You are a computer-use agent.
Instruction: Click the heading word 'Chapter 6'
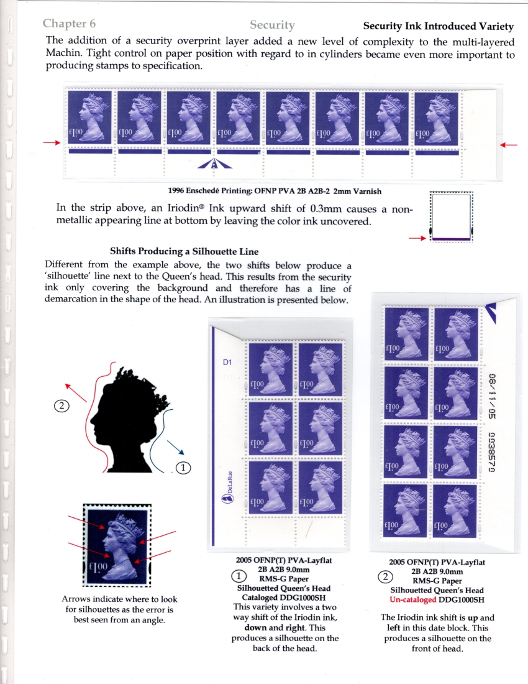click(69, 24)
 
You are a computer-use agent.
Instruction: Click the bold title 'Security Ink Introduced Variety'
click(439, 26)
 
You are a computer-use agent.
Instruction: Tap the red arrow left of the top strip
click(52, 142)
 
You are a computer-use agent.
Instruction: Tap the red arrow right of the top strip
click(508, 145)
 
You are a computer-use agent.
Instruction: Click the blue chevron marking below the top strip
click(214, 164)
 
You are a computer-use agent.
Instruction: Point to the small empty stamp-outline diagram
click(452, 217)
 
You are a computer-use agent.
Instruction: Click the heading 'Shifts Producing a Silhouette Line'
click(184, 251)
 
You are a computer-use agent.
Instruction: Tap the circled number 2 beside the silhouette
click(61, 406)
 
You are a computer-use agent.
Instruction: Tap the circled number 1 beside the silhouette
click(183, 468)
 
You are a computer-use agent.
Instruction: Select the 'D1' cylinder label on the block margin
click(227, 362)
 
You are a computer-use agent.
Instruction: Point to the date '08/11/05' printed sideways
click(492, 396)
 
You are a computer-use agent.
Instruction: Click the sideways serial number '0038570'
click(492, 452)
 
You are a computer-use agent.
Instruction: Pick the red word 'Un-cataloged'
click(412, 599)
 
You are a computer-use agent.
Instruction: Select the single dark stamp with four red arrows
click(117, 545)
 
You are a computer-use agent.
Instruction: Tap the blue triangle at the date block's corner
click(491, 312)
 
